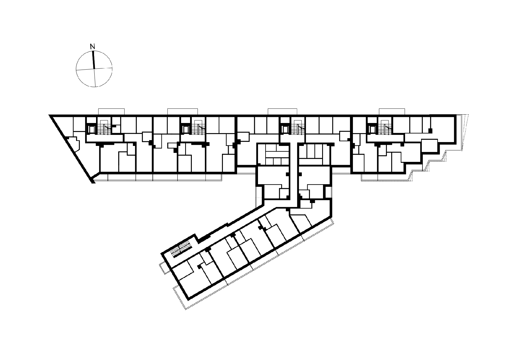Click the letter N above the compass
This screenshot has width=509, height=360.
coord(92,46)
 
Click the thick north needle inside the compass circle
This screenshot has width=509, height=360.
coord(93,60)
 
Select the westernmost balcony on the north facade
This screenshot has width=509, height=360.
coord(111,112)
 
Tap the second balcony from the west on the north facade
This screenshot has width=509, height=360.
coord(183,112)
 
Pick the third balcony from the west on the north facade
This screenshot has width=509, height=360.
coord(282,112)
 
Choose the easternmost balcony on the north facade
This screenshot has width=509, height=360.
coord(392,112)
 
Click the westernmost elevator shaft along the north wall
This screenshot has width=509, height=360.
coord(92,129)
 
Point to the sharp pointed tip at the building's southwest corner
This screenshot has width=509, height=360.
coord(93,183)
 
